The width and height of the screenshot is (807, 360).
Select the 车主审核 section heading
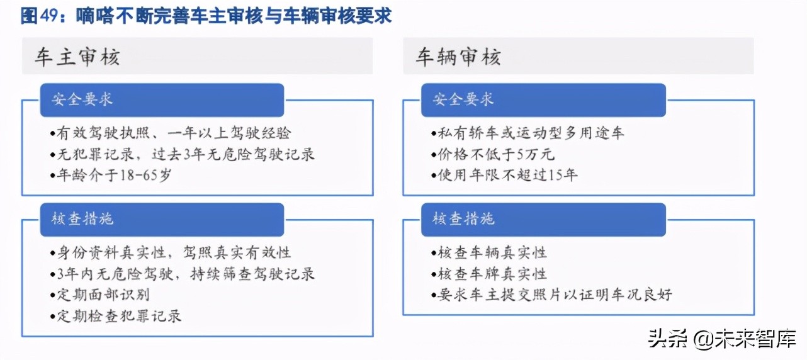77,57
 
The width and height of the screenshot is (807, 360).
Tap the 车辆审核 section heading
458,57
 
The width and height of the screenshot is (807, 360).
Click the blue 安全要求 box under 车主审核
162,100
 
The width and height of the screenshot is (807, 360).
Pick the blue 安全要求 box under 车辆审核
543,100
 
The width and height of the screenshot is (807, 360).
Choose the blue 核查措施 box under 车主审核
162,219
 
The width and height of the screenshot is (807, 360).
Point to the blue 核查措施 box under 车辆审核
543,219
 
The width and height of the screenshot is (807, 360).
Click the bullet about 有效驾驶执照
170,133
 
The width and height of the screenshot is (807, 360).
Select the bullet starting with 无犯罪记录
182,154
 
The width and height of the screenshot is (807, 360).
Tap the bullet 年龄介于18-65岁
110,175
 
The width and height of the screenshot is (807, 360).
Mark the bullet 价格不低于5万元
493,154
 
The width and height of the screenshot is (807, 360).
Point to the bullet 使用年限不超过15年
504,175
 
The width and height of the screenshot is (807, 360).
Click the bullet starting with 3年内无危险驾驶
182,273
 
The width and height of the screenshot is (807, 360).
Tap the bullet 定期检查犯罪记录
116,315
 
